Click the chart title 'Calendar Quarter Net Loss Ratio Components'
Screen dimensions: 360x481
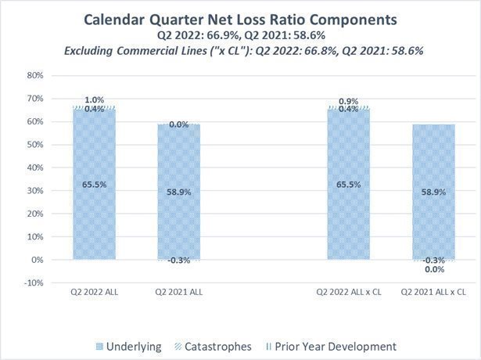pyautogui.click(x=240, y=18)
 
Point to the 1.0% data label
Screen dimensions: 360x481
pyautogui.click(x=94, y=99)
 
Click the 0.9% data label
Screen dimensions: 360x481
pyautogui.click(x=348, y=100)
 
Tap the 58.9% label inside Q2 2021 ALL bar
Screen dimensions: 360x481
pyautogui.click(x=179, y=192)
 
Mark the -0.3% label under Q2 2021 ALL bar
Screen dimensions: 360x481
pyautogui.click(x=179, y=261)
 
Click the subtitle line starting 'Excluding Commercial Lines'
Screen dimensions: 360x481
pyautogui.click(x=240, y=49)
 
